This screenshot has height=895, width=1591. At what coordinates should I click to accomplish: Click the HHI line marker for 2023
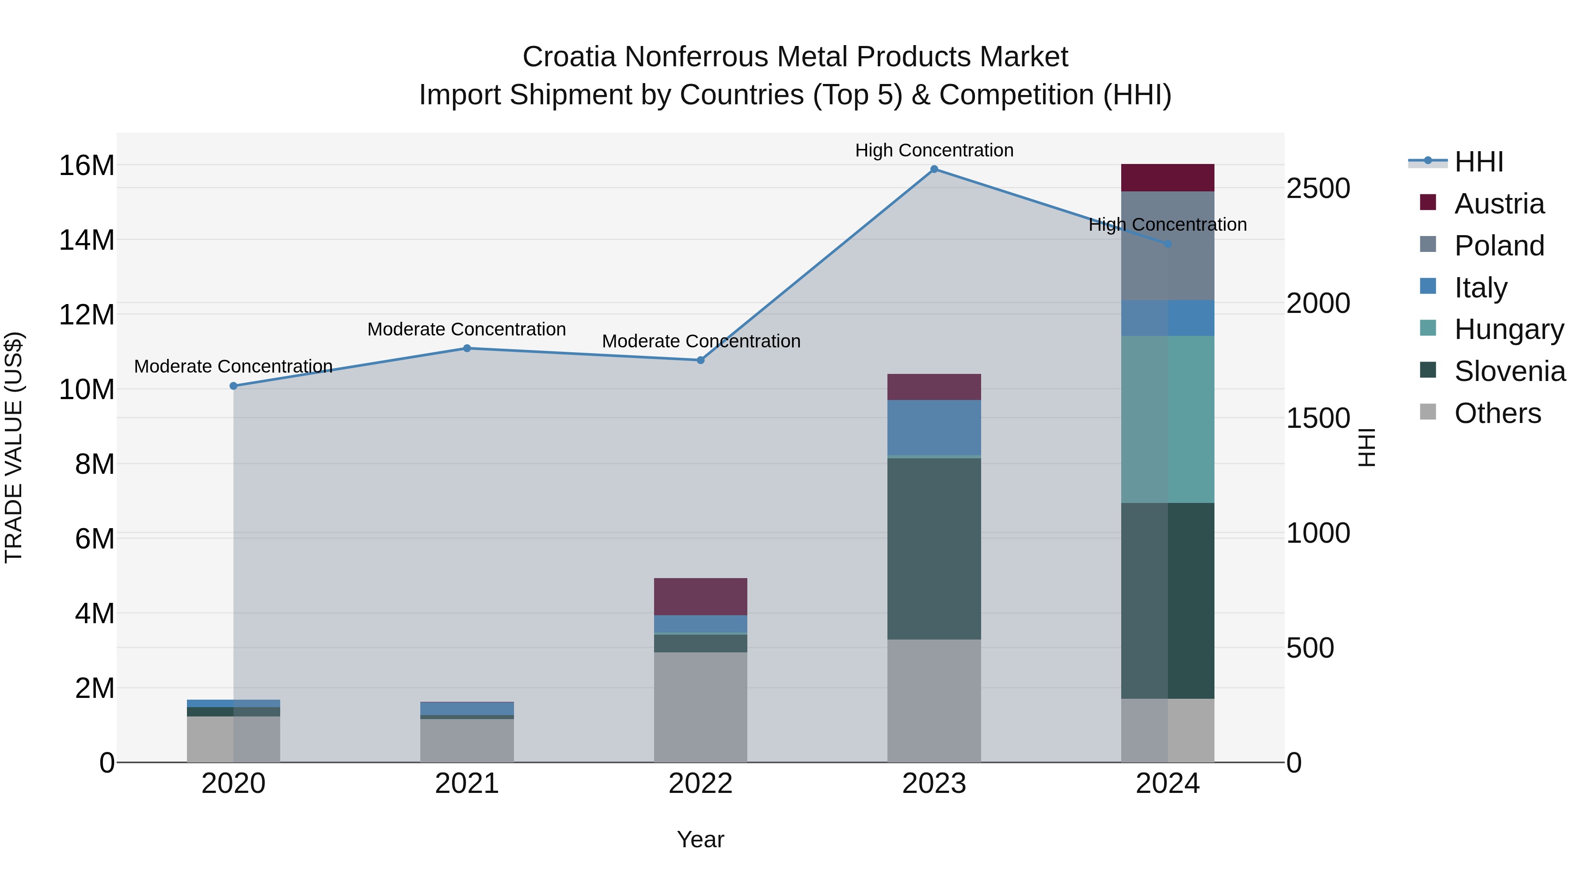tap(934, 169)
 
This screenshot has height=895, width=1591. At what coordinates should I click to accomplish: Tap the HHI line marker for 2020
tap(233, 386)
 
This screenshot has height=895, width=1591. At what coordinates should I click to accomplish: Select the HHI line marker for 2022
tap(700, 360)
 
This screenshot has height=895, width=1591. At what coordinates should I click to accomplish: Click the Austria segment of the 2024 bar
tap(1167, 178)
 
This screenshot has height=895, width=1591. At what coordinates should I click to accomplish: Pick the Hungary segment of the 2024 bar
tap(1167, 419)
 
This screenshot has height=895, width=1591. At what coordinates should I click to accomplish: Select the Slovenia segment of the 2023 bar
tap(934, 548)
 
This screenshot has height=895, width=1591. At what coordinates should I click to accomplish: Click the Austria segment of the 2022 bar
tap(700, 597)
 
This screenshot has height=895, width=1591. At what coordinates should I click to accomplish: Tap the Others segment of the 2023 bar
tap(934, 701)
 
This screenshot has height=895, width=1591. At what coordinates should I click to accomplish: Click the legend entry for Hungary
tap(1509, 329)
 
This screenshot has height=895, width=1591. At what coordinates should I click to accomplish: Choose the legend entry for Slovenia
tap(1510, 371)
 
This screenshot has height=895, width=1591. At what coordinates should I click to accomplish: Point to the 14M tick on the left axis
tap(87, 240)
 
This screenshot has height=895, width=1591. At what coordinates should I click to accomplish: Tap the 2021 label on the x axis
tap(467, 784)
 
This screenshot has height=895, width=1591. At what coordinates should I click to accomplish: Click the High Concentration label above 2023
tap(934, 150)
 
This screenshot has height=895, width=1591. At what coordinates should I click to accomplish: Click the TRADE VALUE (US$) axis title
tap(14, 447)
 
